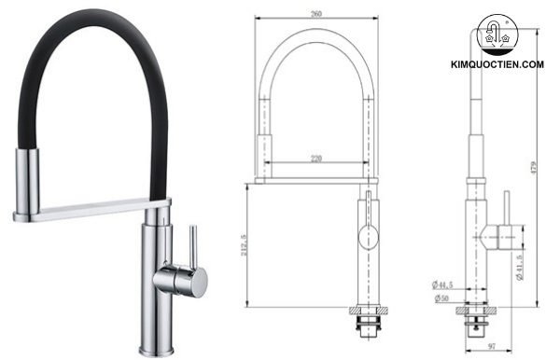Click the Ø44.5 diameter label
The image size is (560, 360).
click(x=442, y=284)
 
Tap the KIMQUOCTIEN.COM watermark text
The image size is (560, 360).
click(x=497, y=63)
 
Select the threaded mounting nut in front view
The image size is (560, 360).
click(x=369, y=321)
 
